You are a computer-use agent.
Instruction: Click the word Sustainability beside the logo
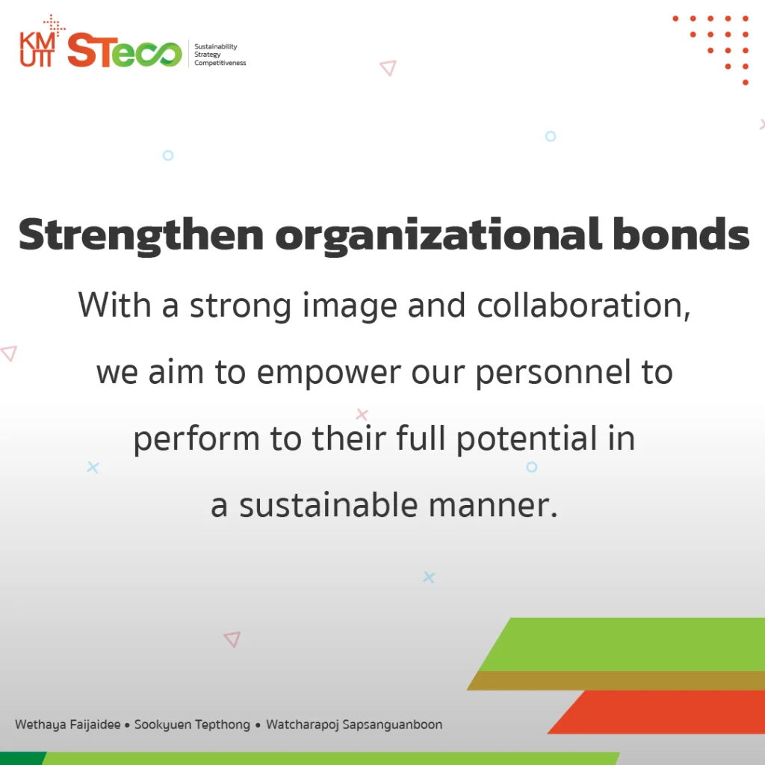216,46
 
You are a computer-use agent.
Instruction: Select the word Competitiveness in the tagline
220,63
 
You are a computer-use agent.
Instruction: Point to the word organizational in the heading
438,236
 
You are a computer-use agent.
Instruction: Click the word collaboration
583,306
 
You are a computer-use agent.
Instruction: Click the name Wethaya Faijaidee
68,725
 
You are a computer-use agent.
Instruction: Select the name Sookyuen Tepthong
192,725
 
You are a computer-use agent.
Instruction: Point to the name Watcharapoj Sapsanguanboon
354,725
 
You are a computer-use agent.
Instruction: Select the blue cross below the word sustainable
429,577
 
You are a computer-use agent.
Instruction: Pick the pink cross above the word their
362,414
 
